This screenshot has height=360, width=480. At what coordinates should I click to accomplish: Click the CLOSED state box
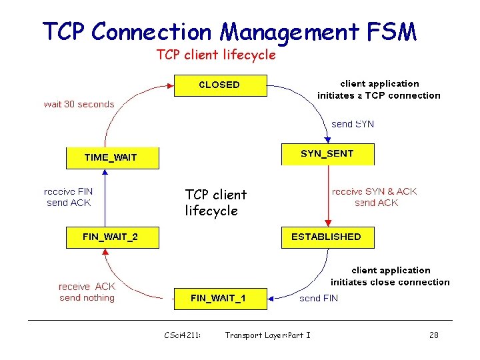pyautogui.click(x=220, y=85)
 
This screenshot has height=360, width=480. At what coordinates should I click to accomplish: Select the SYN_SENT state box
pyautogui.click(x=327, y=154)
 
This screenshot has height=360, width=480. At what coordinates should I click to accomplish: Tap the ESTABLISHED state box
pyautogui.click(x=327, y=237)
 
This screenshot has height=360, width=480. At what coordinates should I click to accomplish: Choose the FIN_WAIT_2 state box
pyautogui.click(x=112, y=237)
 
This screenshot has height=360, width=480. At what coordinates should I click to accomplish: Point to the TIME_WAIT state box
pyautogui.click(x=112, y=158)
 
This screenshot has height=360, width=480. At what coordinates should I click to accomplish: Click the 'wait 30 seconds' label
pyautogui.click(x=79, y=104)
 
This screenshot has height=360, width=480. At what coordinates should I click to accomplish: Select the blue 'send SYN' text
pyautogui.click(x=353, y=124)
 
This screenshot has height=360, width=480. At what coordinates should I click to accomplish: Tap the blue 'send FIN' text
pyautogui.click(x=319, y=299)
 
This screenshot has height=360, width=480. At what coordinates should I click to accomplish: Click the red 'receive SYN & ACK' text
pyautogui.click(x=374, y=191)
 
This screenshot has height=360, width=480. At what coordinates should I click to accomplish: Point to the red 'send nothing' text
pyautogui.click(x=87, y=298)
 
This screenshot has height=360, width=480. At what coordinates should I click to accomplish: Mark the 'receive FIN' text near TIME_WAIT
pyautogui.click(x=69, y=191)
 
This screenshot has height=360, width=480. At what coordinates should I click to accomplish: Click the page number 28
pyautogui.click(x=433, y=335)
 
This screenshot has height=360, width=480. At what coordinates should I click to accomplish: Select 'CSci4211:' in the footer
pyautogui.click(x=183, y=335)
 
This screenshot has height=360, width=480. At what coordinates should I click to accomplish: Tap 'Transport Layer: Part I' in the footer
pyautogui.click(x=267, y=335)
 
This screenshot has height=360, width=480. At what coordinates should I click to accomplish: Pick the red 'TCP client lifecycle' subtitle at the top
pyautogui.click(x=215, y=55)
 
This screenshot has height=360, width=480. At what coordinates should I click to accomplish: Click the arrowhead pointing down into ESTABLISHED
pyautogui.click(x=327, y=223)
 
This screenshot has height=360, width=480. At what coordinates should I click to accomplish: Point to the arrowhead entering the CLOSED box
pyautogui.click(x=169, y=85)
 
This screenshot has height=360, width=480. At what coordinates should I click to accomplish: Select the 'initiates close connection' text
pyautogui.click(x=390, y=282)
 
